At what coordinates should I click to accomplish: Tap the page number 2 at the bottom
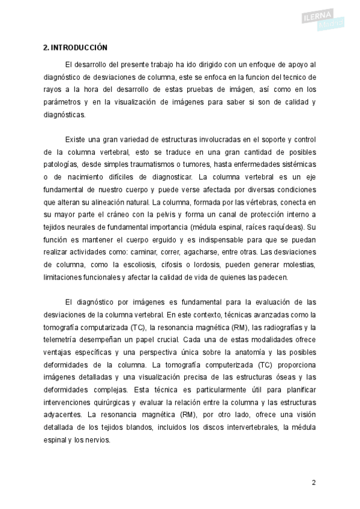(313, 483)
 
